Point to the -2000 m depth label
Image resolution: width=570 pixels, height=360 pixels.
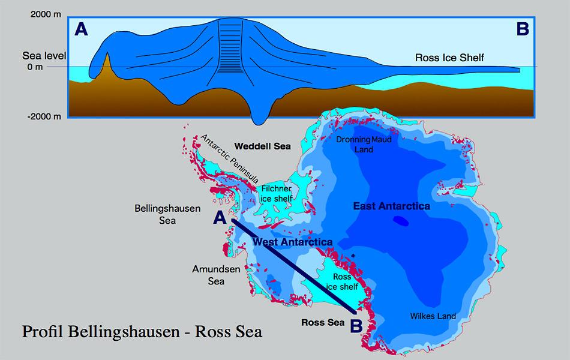point(43,116)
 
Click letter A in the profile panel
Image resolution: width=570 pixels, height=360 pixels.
point(81,29)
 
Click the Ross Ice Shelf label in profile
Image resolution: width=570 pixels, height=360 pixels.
point(449,58)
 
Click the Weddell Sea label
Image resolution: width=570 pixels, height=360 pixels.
point(262,146)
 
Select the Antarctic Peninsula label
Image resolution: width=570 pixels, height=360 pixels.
point(229,159)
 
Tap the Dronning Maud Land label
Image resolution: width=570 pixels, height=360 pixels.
point(362,145)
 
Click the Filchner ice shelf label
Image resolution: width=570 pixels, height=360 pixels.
point(277,193)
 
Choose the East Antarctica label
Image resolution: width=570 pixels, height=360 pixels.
point(391,206)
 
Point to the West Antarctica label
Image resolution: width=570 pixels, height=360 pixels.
point(292,242)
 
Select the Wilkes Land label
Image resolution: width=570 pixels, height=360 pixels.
point(433,316)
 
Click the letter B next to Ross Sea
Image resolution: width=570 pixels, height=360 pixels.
point(356,326)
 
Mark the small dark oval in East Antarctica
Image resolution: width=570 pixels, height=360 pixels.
point(400,221)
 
